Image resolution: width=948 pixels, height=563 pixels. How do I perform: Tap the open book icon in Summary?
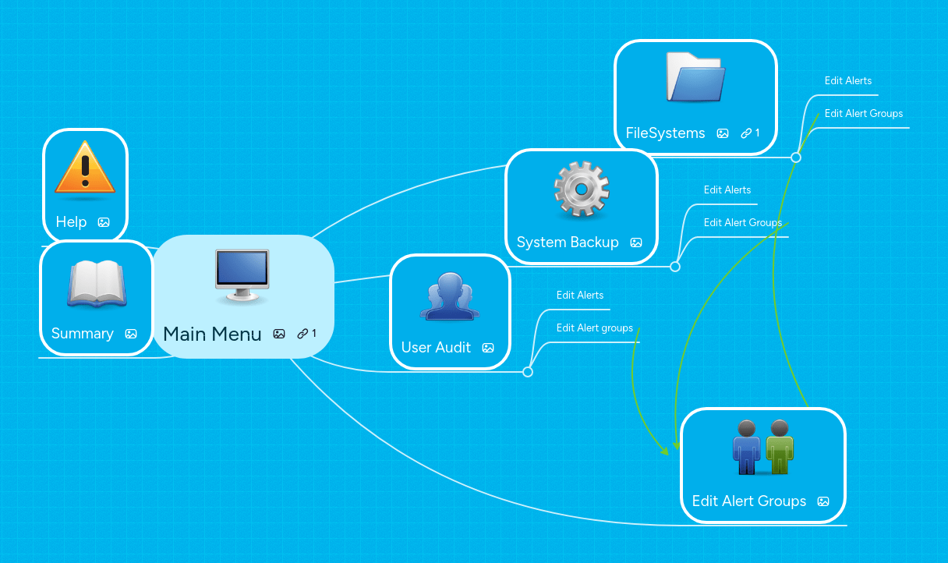(x=96, y=284)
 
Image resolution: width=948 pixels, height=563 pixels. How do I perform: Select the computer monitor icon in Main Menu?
(x=242, y=275)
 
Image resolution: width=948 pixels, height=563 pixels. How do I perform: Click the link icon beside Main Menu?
(x=302, y=334)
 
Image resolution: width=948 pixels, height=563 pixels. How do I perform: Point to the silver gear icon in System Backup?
(x=582, y=189)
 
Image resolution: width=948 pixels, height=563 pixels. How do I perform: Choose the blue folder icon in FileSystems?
(x=696, y=78)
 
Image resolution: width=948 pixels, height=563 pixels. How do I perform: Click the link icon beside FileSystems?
(x=746, y=133)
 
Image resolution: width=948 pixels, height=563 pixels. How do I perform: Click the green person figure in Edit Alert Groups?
(x=779, y=448)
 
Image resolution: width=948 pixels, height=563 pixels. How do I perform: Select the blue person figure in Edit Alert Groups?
(x=747, y=448)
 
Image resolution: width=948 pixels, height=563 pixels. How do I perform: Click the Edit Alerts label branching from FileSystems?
(x=848, y=80)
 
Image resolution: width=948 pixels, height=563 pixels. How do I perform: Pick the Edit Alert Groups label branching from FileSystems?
(x=864, y=113)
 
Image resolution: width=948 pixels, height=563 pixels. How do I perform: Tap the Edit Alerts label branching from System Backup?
(x=727, y=189)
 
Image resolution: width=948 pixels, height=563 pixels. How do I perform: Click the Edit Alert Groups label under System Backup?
(x=743, y=222)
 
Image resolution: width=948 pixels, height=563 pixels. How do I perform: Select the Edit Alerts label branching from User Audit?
(x=580, y=295)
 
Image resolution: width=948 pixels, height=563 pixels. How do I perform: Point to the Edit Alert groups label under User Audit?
(x=595, y=328)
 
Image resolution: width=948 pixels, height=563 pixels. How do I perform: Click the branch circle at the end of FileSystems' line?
(x=796, y=158)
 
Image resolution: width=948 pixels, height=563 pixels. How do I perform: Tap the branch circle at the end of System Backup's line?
(x=675, y=267)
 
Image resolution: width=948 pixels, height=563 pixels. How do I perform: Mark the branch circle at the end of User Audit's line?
(x=528, y=372)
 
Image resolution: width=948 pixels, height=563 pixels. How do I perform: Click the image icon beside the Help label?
(x=104, y=222)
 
